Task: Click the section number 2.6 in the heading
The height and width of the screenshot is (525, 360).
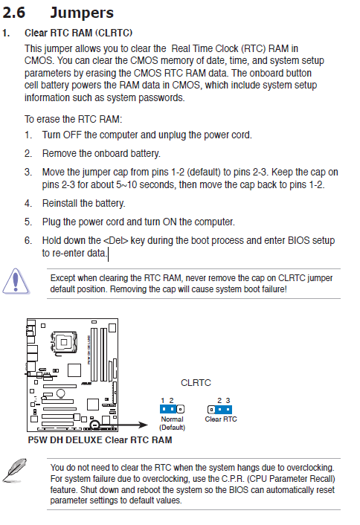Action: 13,13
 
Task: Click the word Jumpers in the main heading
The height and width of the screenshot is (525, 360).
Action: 82,13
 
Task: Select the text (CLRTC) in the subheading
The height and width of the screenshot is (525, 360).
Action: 114,33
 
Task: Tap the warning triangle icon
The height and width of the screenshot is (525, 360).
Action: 16,281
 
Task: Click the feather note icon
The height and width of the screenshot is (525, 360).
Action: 15,470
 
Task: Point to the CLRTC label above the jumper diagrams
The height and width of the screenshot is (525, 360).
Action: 196,383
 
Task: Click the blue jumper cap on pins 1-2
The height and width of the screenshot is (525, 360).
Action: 168,409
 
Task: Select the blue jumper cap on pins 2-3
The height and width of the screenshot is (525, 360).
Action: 223,409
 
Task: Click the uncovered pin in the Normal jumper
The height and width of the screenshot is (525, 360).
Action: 181,409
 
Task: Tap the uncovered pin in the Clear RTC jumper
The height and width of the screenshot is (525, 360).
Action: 211,409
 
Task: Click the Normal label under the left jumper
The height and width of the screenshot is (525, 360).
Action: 172,419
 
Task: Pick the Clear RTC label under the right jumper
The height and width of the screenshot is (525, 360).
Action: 221,419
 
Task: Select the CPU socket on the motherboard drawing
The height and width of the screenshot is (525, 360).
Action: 64,342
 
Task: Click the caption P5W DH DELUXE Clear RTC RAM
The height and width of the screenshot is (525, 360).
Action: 100,440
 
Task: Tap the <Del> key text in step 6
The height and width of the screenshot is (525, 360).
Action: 116,240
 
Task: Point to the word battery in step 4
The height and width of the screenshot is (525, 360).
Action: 107,203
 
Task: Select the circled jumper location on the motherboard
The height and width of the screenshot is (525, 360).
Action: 95,424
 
